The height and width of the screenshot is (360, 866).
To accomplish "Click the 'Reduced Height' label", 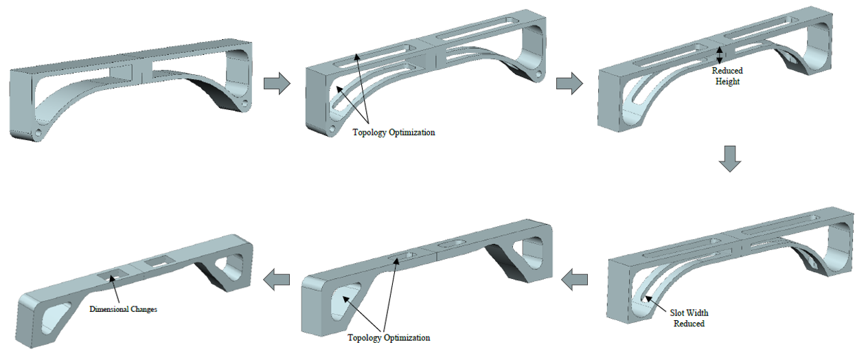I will (x=727, y=76).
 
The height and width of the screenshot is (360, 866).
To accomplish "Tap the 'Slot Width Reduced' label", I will (x=689, y=318).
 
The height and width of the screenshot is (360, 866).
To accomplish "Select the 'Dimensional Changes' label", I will (x=124, y=309).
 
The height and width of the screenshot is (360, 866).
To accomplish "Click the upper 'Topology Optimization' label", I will (x=394, y=133).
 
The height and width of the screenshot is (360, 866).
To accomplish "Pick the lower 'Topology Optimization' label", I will (x=389, y=337).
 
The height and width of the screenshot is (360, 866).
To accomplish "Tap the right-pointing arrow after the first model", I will (x=277, y=84).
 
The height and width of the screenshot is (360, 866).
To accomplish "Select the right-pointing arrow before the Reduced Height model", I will (x=569, y=84).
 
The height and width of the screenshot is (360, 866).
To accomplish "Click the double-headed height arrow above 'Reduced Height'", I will (x=719, y=55).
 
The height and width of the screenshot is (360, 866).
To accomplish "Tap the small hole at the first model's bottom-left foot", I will (x=39, y=130).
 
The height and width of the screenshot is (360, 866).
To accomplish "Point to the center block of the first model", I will (x=135, y=71).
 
